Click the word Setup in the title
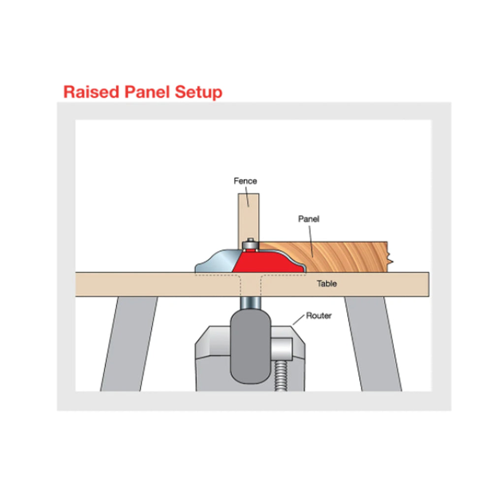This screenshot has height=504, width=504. (x=200, y=93)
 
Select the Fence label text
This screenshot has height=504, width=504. (x=245, y=181)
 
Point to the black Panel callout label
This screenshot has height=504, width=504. (x=309, y=219)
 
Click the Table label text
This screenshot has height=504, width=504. (x=327, y=283)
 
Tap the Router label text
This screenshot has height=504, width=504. (x=318, y=315)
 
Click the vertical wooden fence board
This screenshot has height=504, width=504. (x=248, y=217)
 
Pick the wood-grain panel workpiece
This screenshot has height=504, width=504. (x=335, y=256)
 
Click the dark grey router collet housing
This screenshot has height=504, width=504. (x=250, y=345)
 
